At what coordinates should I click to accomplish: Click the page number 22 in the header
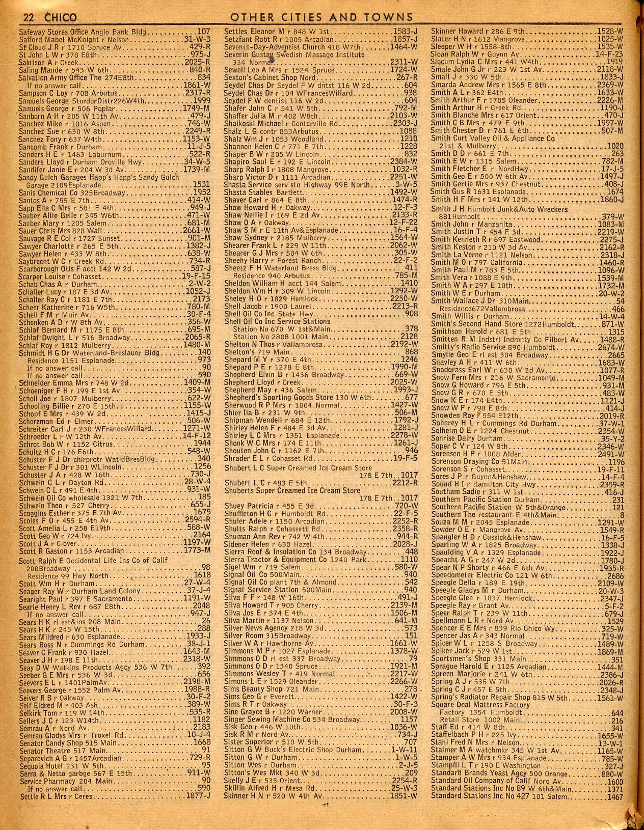pyautogui.click(x=28, y=17)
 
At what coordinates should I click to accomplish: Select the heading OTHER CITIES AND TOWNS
pyautogui.click(x=321, y=17)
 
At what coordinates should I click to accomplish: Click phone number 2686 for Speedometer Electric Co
pyautogui.click(x=615, y=575)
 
